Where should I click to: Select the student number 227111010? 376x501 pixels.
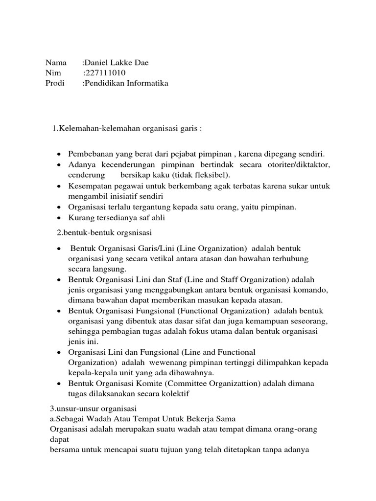click(x=105, y=73)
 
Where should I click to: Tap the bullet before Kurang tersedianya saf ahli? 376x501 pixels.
click(x=59, y=218)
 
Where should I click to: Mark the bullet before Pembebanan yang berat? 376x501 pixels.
click(x=59, y=154)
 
